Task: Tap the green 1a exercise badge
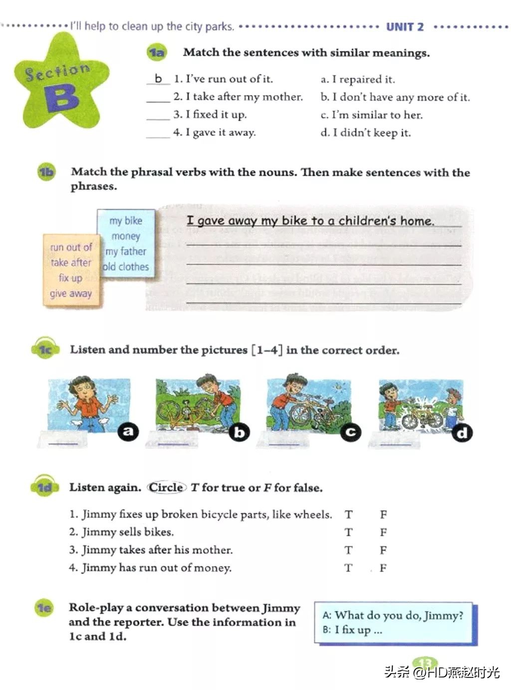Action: tap(156, 52)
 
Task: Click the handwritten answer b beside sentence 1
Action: tap(159, 78)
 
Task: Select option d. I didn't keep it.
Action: tap(366, 133)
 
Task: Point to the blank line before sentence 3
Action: tap(158, 115)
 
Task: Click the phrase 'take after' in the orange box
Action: tap(71, 263)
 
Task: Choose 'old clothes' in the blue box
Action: tap(126, 267)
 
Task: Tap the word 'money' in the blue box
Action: tap(126, 236)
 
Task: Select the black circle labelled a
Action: tap(128, 430)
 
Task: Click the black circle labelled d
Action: tap(462, 432)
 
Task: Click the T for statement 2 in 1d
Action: tap(348, 532)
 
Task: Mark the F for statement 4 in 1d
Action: tap(383, 568)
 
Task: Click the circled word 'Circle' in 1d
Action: tap(167, 487)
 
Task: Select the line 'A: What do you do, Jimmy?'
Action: tap(393, 616)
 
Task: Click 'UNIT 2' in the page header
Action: tap(405, 27)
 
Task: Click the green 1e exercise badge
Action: tap(44, 608)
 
